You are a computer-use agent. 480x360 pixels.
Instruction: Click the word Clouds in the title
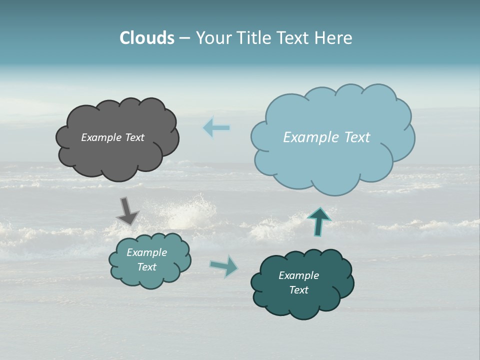pyautogui.click(x=147, y=38)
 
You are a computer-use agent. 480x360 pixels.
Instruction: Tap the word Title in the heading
pyautogui.click(x=253, y=38)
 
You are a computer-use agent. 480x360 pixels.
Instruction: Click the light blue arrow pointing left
pyautogui.click(x=216, y=127)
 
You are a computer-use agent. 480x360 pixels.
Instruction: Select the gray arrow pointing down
pyautogui.click(x=127, y=210)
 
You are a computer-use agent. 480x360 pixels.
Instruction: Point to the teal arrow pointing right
pyautogui.click(x=224, y=265)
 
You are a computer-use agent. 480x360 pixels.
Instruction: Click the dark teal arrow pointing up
pyautogui.click(x=319, y=221)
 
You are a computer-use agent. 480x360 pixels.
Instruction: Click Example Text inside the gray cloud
pyautogui.click(x=112, y=137)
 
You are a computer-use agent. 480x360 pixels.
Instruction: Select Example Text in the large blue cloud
pyautogui.click(x=326, y=137)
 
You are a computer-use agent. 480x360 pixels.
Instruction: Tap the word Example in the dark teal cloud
pyautogui.click(x=298, y=275)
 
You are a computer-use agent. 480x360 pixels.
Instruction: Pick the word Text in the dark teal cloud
pyautogui.click(x=298, y=290)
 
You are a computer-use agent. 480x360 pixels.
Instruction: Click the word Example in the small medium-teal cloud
pyautogui.click(x=146, y=252)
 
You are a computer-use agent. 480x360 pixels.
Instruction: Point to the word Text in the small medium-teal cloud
pyautogui.click(x=146, y=267)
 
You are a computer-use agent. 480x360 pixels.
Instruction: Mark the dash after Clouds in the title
pyautogui.click(x=184, y=38)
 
